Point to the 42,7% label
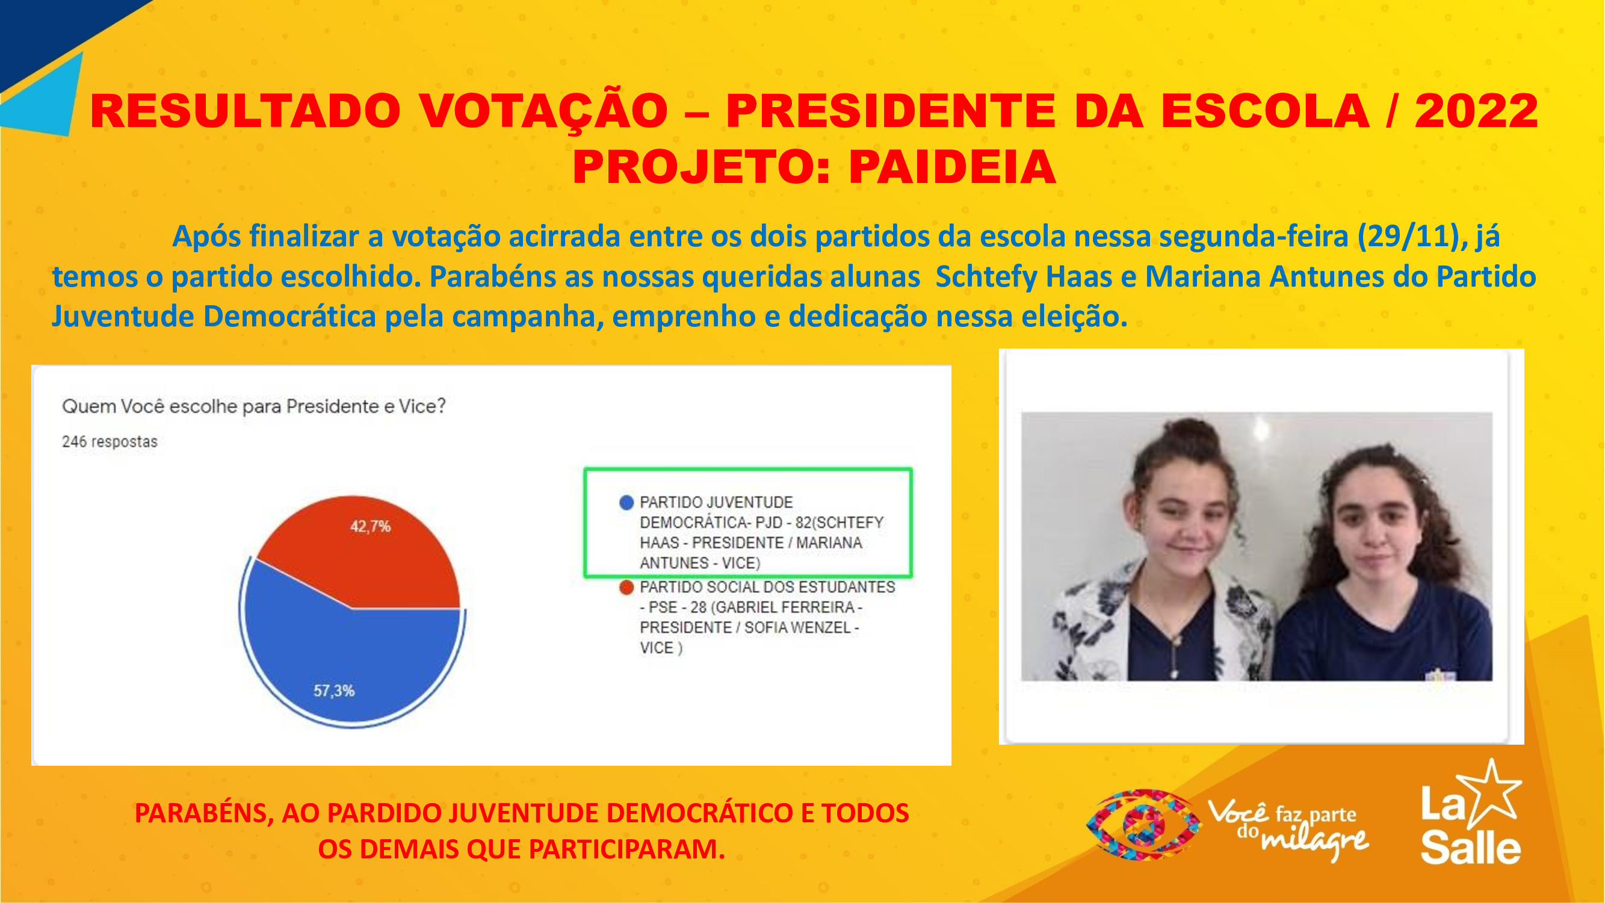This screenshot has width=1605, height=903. coord(370,527)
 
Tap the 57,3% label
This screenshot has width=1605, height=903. coord(334,690)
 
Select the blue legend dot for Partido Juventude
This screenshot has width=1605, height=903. coord(626,502)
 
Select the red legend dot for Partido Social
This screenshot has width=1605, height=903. coord(626,587)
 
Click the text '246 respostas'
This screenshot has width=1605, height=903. coord(110,442)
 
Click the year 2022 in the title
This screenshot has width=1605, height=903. coord(1476,111)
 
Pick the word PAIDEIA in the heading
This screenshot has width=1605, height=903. coord(952,167)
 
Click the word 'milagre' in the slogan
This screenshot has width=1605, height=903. coord(1315,842)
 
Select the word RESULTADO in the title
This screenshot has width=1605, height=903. coord(246,111)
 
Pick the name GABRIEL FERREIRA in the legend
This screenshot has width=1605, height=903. coord(785,607)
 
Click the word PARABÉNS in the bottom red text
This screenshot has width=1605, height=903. coord(203,813)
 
